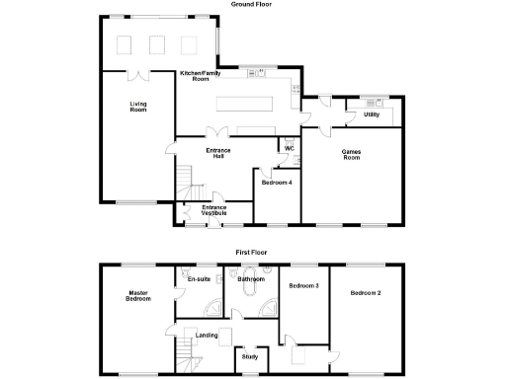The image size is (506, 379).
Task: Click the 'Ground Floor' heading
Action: click(x=252, y=4)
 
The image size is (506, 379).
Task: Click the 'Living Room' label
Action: click(x=138, y=107)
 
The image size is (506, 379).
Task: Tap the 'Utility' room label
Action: click(x=371, y=114)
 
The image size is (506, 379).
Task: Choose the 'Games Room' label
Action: click(x=351, y=155)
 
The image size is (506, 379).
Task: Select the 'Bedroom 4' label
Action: click(x=276, y=183)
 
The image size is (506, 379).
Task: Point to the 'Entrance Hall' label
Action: click(x=218, y=153)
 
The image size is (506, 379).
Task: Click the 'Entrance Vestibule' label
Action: click(x=214, y=210)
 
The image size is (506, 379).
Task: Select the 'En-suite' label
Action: click(x=199, y=279)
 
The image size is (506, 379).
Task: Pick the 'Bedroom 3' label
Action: click(x=302, y=286)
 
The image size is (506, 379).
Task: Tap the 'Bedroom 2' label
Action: click(x=366, y=293)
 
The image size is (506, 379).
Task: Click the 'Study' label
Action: click(x=250, y=356)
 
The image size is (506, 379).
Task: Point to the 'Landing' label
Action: click(x=208, y=335)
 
